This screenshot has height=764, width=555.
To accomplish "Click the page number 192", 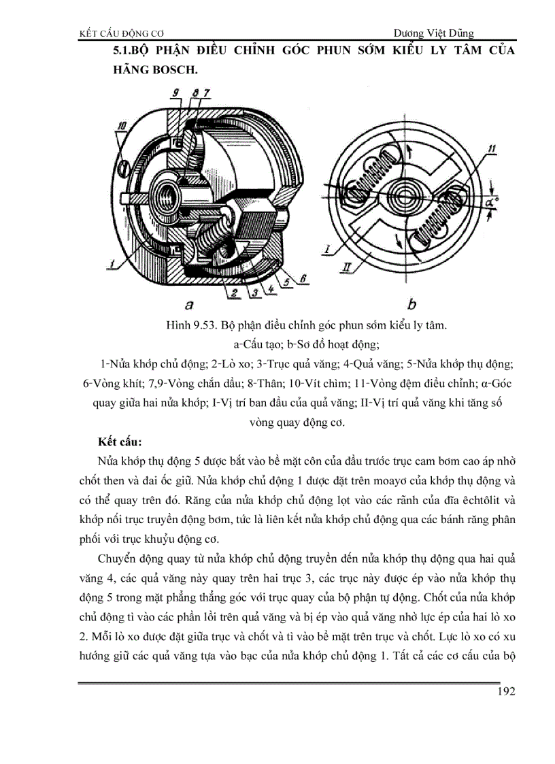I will click(x=506, y=692).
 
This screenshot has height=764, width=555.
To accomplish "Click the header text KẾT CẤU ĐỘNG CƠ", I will click(x=122, y=33).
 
